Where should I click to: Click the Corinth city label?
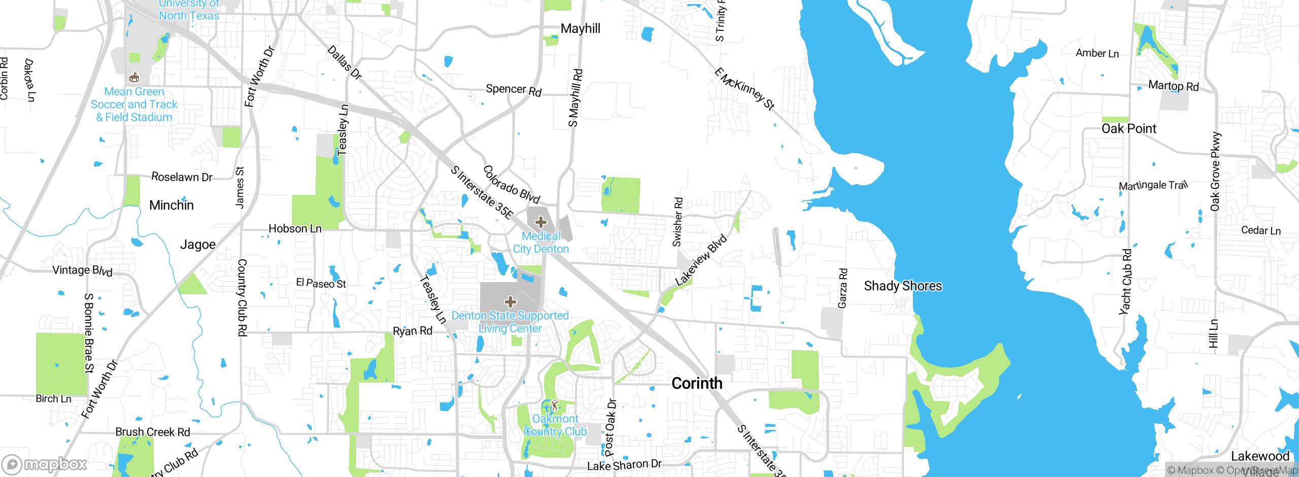coord(697,383)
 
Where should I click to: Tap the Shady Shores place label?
coord(903,286)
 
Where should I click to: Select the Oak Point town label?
coord(1129,129)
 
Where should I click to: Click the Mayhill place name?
coord(580,29)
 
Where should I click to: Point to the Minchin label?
coord(172,206)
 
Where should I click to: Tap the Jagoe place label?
coord(198,245)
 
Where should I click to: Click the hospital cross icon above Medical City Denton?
coord(540,222)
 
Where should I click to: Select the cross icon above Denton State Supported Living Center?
coord(510,302)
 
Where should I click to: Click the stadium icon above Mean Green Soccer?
coord(134,78)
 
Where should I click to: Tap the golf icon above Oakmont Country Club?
coord(555,405)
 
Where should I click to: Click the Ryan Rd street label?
coord(413,331)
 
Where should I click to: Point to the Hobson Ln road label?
coord(295,229)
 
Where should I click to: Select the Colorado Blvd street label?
coord(511,185)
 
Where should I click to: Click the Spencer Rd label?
coord(514,90)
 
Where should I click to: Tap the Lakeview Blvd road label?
coord(701,260)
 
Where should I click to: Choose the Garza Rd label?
coord(842,288)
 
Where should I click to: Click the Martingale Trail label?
coord(1153,186)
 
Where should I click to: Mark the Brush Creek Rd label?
coord(153,432)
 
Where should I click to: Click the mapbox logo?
coord(45,464)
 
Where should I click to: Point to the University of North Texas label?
coord(189,10)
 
